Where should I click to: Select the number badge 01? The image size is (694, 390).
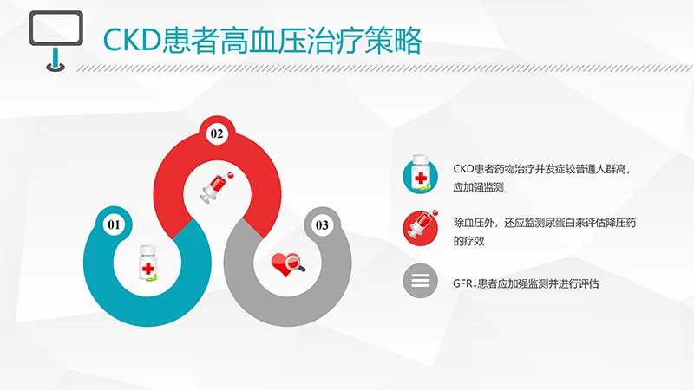pyautogui.click(x=113, y=225)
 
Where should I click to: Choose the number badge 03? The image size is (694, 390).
pyautogui.click(x=322, y=225)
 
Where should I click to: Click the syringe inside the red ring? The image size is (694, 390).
pyautogui.click(x=217, y=185)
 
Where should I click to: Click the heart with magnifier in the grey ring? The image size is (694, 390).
pyautogui.click(x=288, y=263)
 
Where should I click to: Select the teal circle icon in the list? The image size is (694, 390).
pyautogui.click(x=420, y=177)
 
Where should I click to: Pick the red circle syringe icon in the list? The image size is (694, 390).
pyautogui.click(x=420, y=228)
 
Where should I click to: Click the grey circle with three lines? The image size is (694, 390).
pyautogui.click(x=420, y=282)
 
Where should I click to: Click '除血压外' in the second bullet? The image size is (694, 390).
pyautogui.click(x=476, y=222)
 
